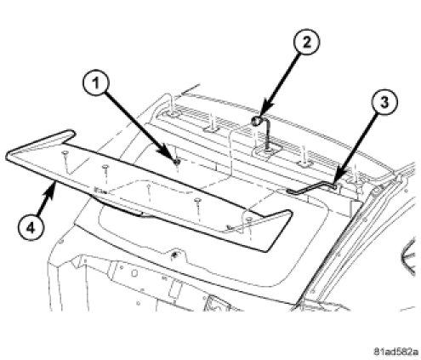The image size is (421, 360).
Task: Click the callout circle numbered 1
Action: pyautogui.click(x=96, y=83)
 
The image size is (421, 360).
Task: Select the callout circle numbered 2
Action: pyautogui.click(x=306, y=42)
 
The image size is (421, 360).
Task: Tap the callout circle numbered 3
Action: pyautogui.click(x=384, y=102)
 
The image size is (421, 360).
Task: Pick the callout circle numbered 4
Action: pyautogui.click(x=31, y=227)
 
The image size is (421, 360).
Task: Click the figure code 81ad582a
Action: pyautogui.click(x=395, y=351)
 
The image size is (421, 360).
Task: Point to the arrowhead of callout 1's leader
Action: pyautogui.click(x=174, y=158)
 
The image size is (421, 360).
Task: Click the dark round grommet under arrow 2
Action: pyautogui.click(x=256, y=121)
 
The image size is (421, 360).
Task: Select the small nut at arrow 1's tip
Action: pyautogui.click(x=177, y=163)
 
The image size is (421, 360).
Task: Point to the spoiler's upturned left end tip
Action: pyautogui.click(x=70, y=134)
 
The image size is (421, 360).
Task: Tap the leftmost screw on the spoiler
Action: pyautogui.click(x=65, y=153)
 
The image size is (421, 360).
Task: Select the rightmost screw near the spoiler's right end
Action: pyautogui.click(x=249, y=219)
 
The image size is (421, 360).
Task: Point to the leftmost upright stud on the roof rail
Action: pyautogui.click(x=172, y=105)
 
